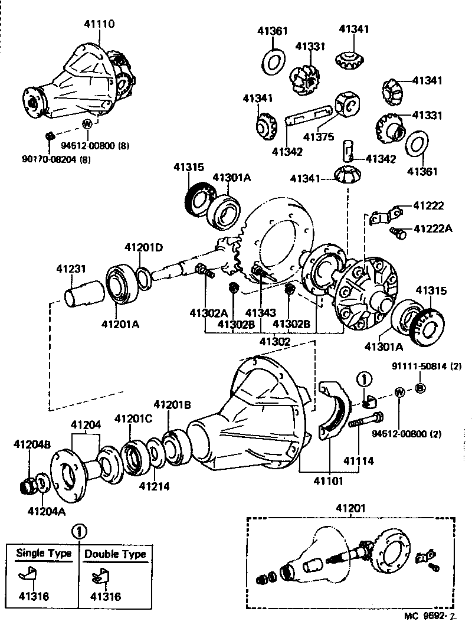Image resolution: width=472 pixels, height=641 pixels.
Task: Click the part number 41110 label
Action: pos(99,24)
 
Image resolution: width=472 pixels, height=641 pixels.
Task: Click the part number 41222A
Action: pos(432,228)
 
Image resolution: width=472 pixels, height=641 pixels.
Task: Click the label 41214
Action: pos(154,486)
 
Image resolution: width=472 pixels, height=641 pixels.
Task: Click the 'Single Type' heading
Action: pos(43,553)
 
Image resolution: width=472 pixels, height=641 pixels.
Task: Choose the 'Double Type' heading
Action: pos(114,554)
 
